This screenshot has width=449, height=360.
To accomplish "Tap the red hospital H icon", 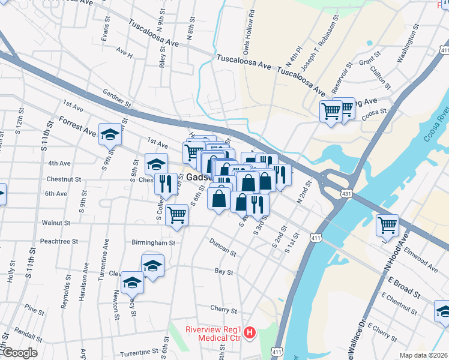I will pos(250,332).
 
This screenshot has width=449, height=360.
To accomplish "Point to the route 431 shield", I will pos(346,193).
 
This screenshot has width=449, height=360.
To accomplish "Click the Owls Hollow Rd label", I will pos(248,31).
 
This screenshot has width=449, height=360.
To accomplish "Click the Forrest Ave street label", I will pos(77,127).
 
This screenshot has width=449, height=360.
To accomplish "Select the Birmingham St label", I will pos(154,243).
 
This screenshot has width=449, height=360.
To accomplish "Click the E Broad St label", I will pos(403,285).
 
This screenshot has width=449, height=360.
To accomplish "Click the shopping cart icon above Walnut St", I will pos(176,214).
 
